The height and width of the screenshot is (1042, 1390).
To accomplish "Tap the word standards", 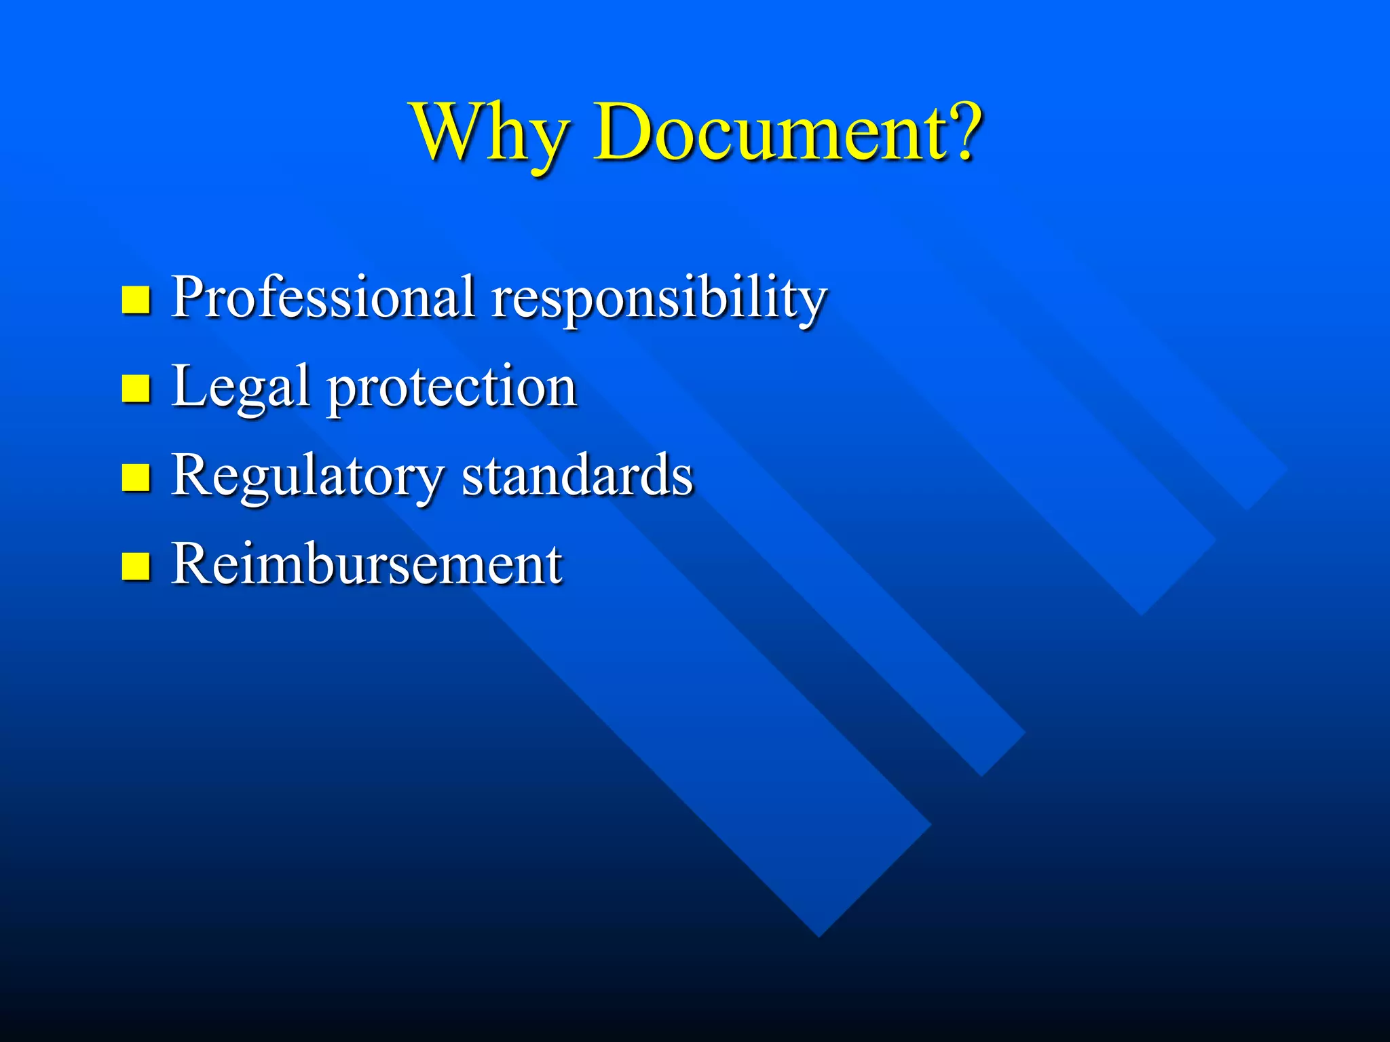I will point(578,475).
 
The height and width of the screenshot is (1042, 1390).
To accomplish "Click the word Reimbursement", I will point(367,564).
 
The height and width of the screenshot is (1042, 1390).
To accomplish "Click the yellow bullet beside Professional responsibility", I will point(136,299).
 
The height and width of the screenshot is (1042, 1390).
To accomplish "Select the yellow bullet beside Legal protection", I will point(136,389).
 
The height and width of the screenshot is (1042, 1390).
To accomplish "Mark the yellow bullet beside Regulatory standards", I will point(136,477).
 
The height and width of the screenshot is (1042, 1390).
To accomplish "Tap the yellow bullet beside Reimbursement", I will point(136,566).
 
